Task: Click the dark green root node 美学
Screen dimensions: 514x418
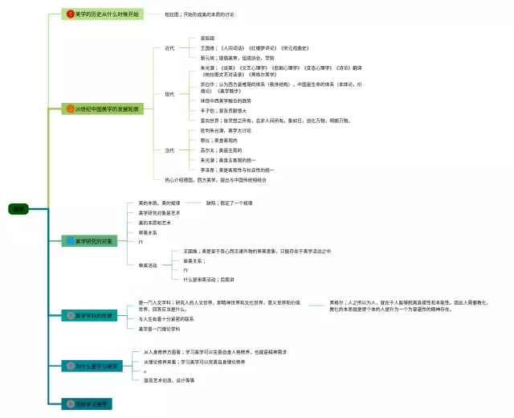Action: point(18,209)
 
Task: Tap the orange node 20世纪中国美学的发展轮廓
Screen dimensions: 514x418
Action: point(104,109)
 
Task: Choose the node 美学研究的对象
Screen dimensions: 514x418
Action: point(93,240)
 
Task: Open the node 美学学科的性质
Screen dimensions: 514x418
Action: point(94,315)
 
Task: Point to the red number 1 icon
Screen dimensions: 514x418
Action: point(70,14)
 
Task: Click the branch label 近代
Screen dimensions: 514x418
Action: point(169,48)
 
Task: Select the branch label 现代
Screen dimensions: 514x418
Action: point(169,94)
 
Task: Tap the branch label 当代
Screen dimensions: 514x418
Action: point(169,150)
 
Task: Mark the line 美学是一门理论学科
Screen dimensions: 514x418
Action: point(162,329)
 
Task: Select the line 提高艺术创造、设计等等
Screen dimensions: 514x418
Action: point(169,380)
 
